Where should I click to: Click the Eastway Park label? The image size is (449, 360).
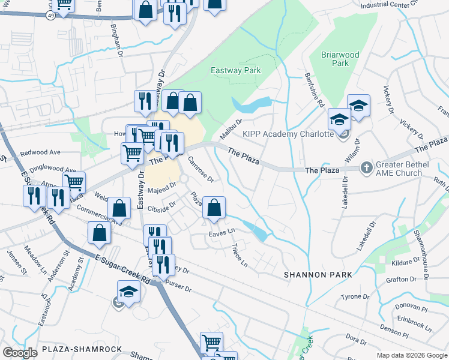point(235,70)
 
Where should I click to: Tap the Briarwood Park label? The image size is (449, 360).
point(340,59)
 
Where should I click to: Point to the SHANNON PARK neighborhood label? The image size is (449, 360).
point(318,274)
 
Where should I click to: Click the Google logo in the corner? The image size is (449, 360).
point(20,353)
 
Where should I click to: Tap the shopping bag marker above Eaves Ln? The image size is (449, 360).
point(214,208)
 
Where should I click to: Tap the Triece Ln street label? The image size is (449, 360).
point(239,254)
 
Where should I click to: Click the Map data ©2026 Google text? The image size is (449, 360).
point(411,355)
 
